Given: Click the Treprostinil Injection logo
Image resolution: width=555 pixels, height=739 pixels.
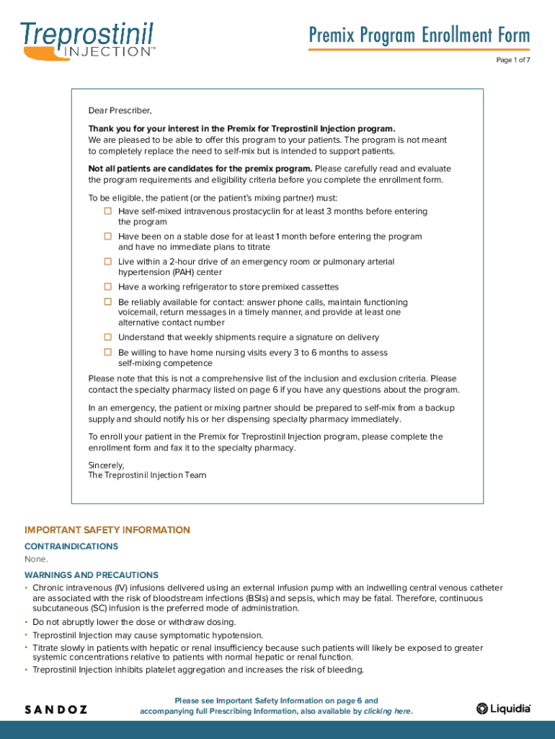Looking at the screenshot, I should pyautogui.click(x=87, y=39).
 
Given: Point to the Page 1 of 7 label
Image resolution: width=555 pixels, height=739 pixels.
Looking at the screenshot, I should pyautogui.click(x=512, y=60).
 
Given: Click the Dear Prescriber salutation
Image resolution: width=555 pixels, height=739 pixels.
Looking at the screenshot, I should pyautogui.click(x=120, y=110).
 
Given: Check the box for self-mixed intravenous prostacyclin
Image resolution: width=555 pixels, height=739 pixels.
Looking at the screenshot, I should pyautogui.click(x=107, y=211).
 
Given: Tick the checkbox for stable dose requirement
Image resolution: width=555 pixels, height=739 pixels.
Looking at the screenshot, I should pyautogui.click(x=107, y=237).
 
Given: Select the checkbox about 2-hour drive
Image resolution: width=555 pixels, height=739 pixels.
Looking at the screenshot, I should pyautogui.click(x=107, y=262).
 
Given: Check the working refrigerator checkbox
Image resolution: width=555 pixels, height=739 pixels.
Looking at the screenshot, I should pyautogui.click(x=107, y=287).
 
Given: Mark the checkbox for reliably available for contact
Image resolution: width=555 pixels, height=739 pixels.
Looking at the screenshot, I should pyautogui.click(x=107, y=302).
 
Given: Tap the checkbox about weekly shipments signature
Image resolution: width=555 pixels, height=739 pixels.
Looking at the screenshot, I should pyautogui.click(x=107, y=337).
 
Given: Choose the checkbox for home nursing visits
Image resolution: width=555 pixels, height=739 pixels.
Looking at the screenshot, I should pyautogui.click(x=107, y=353).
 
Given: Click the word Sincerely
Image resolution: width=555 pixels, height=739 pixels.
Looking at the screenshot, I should pyautogui.click(x=106, y=465).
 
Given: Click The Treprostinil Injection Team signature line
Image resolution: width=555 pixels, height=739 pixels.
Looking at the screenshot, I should pyautogui.click(x=147, y=475).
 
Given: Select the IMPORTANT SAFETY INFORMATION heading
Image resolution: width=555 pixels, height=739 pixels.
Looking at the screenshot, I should pyautogui.click(x=107, y=530).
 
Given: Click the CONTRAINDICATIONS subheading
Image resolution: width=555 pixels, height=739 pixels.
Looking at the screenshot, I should pyautogui.click(x=71, y=546).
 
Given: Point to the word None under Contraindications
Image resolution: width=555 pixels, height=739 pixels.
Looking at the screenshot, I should pyautogui.click(x=36, y=559).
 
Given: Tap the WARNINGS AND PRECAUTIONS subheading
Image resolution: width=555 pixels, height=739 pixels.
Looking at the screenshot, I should pyautogui.click(x=92, y=575).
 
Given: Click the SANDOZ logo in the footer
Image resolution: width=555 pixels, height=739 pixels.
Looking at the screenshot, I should pyautogui.click(x=56, y=709).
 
